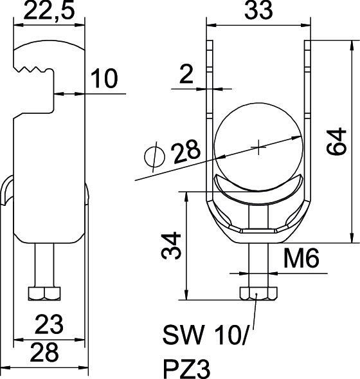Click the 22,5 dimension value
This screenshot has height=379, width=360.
coord(49,10)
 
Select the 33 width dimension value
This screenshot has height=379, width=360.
coord(258,10)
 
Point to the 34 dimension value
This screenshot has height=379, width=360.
coord(172,245)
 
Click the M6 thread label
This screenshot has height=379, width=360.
coord(301,259)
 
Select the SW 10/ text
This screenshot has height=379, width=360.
coord(205,335)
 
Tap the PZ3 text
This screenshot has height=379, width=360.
coord(186,369)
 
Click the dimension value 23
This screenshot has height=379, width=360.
coord(49,324)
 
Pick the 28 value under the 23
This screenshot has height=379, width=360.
coord(44,352)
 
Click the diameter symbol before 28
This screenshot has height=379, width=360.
coord(154,156)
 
